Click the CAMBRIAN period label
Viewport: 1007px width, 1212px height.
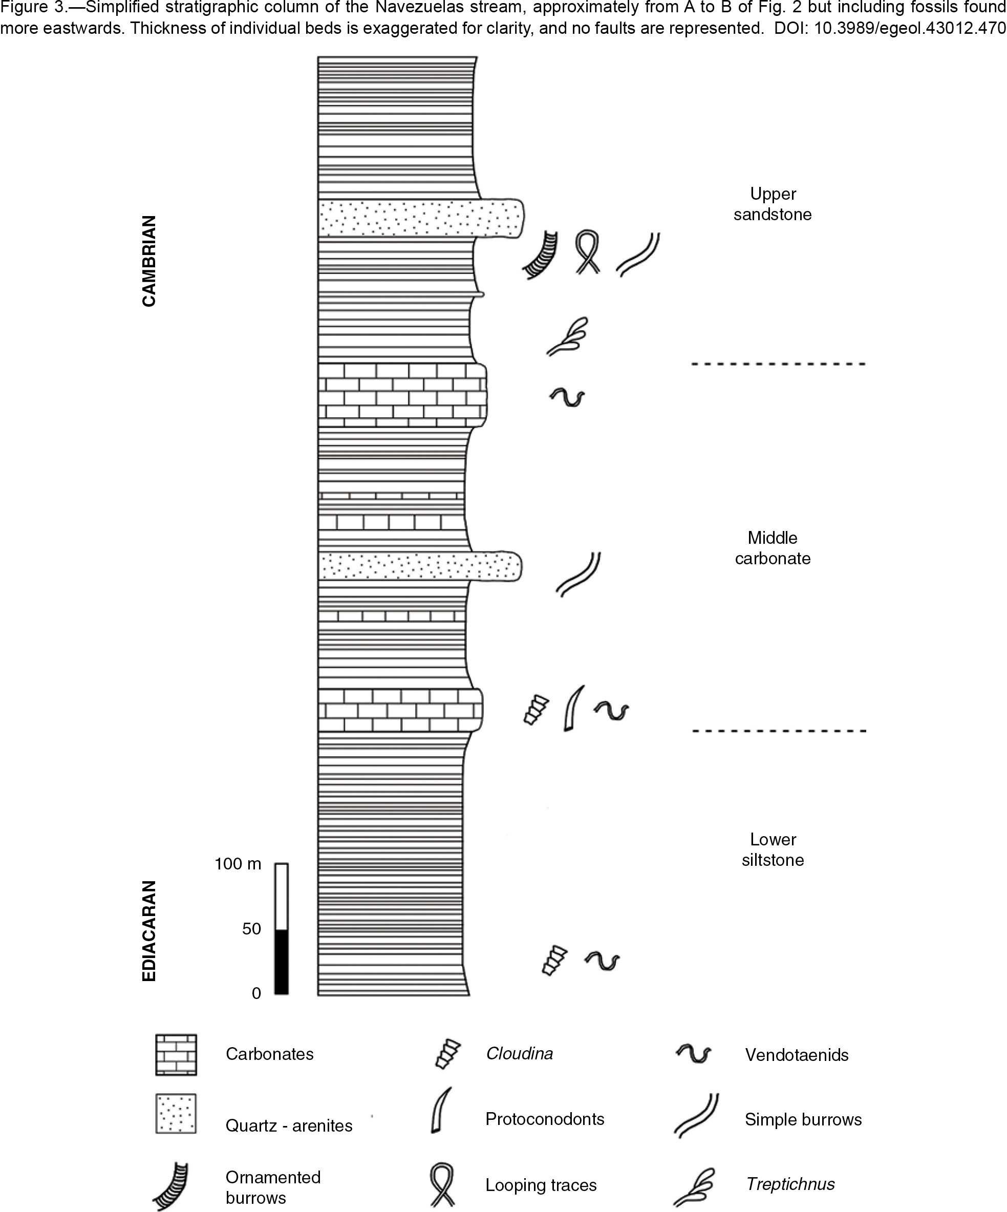click(149, 261)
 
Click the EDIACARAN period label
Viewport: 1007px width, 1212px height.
click(149, 930)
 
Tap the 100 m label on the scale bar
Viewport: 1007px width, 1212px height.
click(238, 864)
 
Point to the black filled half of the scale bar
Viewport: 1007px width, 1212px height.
click(281, 962)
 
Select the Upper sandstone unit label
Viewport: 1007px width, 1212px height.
click(773, 204)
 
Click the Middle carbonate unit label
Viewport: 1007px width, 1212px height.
click(773, 548)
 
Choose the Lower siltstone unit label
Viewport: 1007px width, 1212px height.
click(773, 849)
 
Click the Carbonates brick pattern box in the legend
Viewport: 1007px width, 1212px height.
click(176, 1054)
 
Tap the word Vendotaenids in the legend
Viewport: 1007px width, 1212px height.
click(797, 1055)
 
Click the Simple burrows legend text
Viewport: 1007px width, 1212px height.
click(803, 1120)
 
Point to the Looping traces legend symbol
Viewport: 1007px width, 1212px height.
click(443, 1184)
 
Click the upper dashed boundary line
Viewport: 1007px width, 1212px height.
click(779, 364)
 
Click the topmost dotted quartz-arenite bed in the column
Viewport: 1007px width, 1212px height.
click(421, 218)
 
